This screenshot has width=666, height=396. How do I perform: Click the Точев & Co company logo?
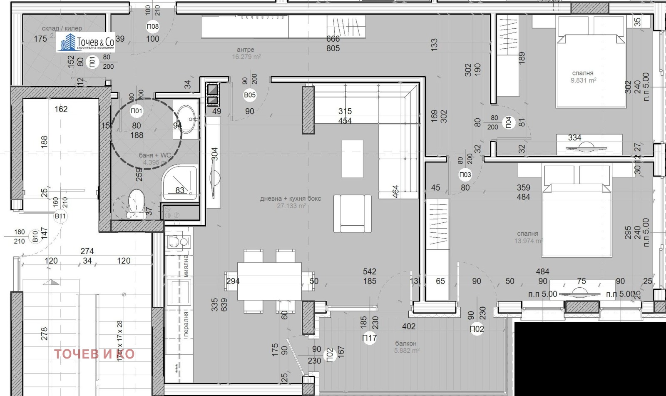tap(86, 42)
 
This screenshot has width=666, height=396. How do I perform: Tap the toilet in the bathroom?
tap(136, 204)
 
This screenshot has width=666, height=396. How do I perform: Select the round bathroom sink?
tap(186, 119)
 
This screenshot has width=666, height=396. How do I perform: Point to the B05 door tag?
tap(250, 95)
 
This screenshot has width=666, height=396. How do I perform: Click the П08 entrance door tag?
tap(153, 27)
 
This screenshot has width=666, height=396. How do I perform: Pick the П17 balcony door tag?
tap(369, 338)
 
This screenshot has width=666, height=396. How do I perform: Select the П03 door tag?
tap(465, 175)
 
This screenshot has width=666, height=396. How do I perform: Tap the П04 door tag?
tap(508, 122)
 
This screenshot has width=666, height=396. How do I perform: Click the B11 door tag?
tap(60, 216)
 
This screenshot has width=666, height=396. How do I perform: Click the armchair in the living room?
tap(352, 213)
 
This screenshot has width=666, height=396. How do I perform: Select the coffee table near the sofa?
tap(352, 158)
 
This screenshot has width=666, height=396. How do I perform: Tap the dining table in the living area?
tap(269, 281)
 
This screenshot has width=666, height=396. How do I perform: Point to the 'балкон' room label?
tap(405, 344)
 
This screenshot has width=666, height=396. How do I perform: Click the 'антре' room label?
tap(246, 50)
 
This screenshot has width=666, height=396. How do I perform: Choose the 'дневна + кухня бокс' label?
tap(291, 199)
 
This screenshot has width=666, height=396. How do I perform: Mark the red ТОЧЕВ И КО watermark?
tap(94, 354)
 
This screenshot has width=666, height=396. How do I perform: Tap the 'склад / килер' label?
tap(62, 28)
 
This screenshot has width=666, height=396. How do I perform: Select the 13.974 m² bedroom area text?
tap(528, 241)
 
